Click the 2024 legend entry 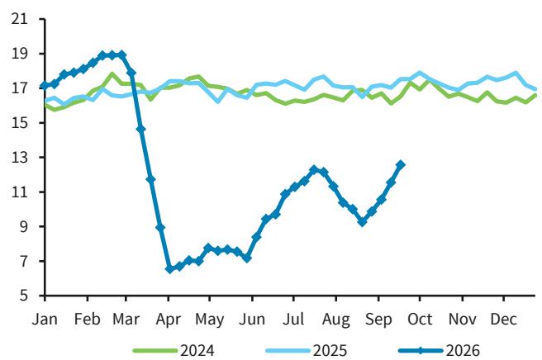(x=174, y=350)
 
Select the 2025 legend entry (x=307, y=350)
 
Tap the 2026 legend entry (x=439, y=350)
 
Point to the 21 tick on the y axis (x=19, y=19)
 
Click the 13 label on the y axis (x=19, y=158)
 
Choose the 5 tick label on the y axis (x=23, y=296)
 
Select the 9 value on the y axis (x=23, y=226)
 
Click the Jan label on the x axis (x=45, y=319)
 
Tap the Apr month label (x=169, y=320)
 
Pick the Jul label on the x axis (x=293, y=319)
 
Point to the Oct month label (x=420, y=319)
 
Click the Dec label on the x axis (x=504, y=319)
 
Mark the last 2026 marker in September (x=401, y=165)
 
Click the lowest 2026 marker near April (x=169, y=269)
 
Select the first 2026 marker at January (x=45, y=86)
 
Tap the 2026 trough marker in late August (x=362, y=222)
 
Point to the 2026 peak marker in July (x=314, y=169)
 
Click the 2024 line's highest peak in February (x=112, y=73)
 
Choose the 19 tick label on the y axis (x=19, y=54)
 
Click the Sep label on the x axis (x=378, y=320)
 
